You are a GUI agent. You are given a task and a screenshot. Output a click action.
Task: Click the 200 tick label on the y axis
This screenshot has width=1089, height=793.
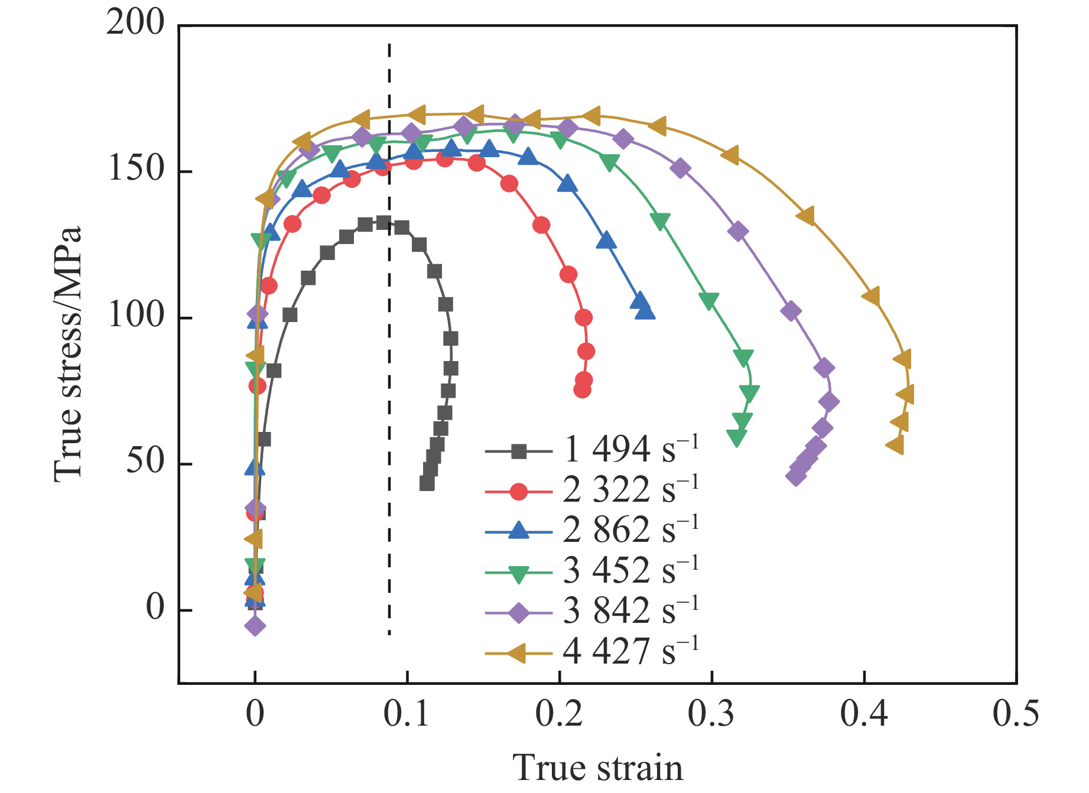pyautogui.click(x=135, y=24)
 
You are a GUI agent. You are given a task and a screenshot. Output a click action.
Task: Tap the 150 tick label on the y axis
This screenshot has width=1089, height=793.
pyautogui.click(x=135, y=170)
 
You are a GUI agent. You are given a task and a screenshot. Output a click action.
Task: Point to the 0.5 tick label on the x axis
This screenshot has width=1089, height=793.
pyautogui.click(x=1016, y=714)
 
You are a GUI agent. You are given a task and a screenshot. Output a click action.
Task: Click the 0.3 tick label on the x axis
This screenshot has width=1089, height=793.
pyautogui.click(x=711, y=714)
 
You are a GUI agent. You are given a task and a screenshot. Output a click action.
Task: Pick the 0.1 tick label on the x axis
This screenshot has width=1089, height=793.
pyautogui.click(x=407, y=714)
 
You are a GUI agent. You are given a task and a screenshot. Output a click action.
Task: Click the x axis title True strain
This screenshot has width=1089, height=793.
pyautogui.click(x=598, y=768)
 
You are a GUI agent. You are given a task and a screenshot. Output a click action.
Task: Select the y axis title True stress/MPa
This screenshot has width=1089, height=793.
pyautogui.click(x=67, y=354)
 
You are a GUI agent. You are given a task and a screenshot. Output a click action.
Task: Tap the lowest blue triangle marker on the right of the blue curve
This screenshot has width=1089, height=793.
pyautogui.click(x=645, y=311)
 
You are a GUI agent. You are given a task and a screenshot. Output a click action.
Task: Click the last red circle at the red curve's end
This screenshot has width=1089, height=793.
pyautogui.click(x=582, y=389)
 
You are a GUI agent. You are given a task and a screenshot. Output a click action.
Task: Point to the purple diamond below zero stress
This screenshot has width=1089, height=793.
pyautogui.click(x=255, y=625)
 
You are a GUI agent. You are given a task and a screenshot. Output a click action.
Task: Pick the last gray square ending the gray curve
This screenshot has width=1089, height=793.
pyautogui.click(x=427, y=483)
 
